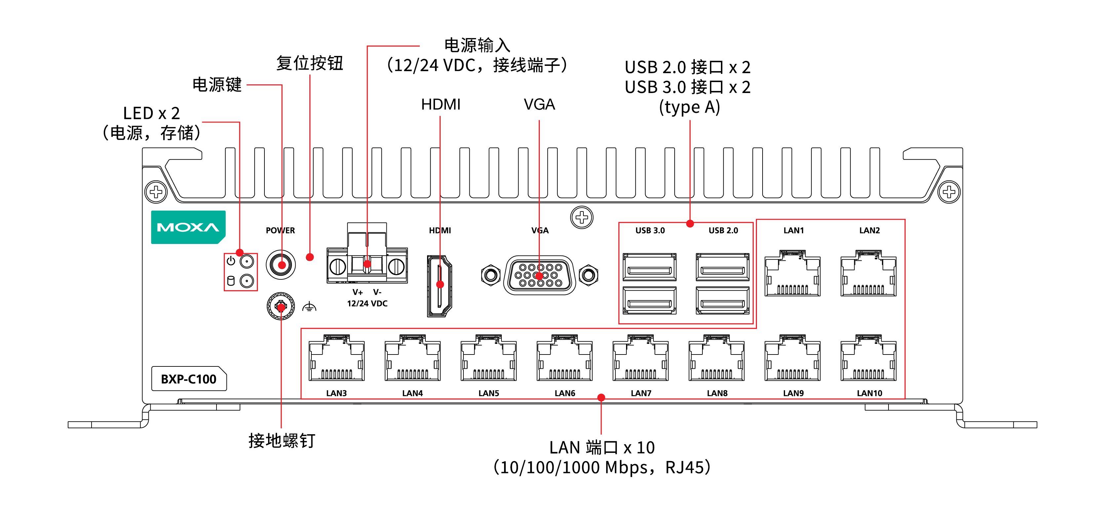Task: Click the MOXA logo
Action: click(188, 227)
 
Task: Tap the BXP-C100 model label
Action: click(189, 379)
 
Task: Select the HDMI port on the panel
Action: click(439, 286)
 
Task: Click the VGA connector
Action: click(539, 275)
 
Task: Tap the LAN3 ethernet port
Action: click(336, 359)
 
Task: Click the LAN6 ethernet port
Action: click(565, 359)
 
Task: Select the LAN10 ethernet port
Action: click(868, 359)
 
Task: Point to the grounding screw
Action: click(281, 306)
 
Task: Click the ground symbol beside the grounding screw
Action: click(309, 307)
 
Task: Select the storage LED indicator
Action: click(247, 281)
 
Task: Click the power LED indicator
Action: click(247, 261)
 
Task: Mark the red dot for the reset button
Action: click(310, 257)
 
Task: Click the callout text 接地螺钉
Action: click(282, 441)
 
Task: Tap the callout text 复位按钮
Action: click(309, 63)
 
